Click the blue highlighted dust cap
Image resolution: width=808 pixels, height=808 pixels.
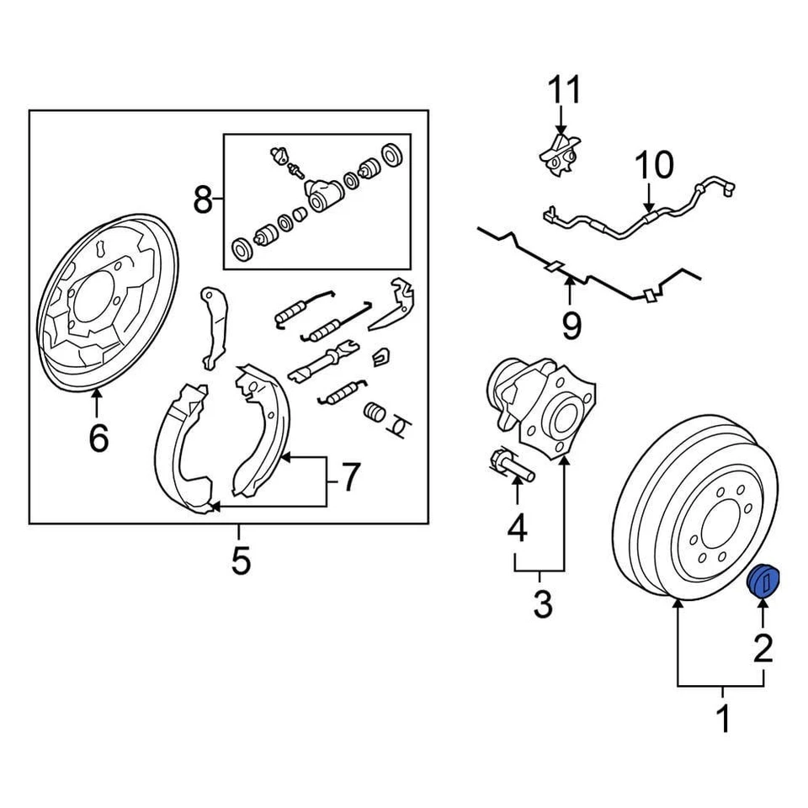click(764, 582)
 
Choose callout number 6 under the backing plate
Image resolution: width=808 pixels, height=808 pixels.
click(98, 438)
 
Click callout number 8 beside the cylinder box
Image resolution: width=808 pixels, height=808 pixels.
click(203, 199)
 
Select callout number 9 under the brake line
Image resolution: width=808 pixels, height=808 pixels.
click(571, 324)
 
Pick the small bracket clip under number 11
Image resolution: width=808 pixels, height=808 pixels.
click(560, 155)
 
